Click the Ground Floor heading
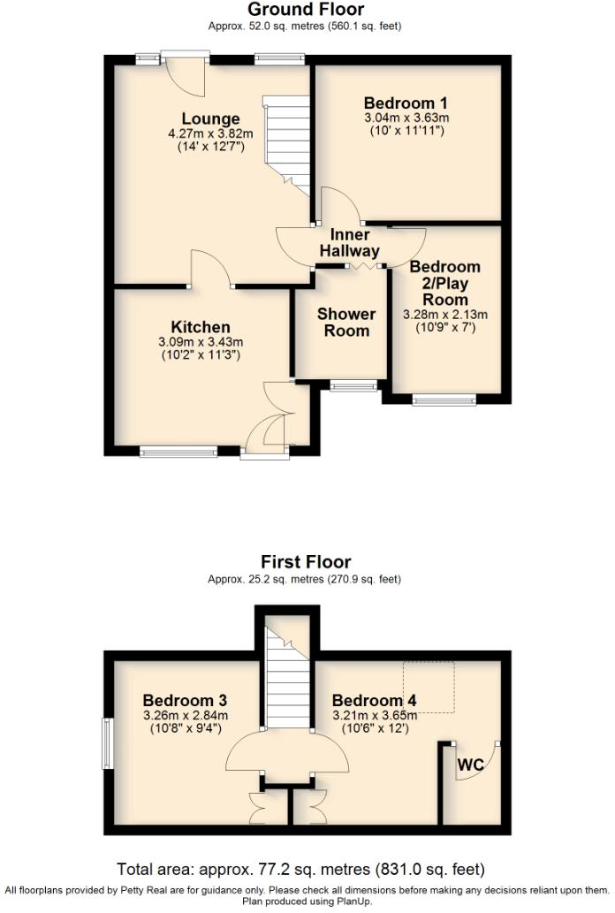[x=305, y=10]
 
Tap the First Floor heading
[x=306, y=562]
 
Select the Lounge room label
[x=210, y=119]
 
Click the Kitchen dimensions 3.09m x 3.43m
[x=201, y=342]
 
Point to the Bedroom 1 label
[x=406, y=102]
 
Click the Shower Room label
[x=346, y=323]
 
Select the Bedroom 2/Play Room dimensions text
[x=445, y=315]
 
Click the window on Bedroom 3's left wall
[x=108, y=742]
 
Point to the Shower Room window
[x=353, y=385]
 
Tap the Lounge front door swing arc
[x=186, y=79]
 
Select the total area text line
[x=301, y=869]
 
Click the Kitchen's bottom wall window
[x=178, y=452]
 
